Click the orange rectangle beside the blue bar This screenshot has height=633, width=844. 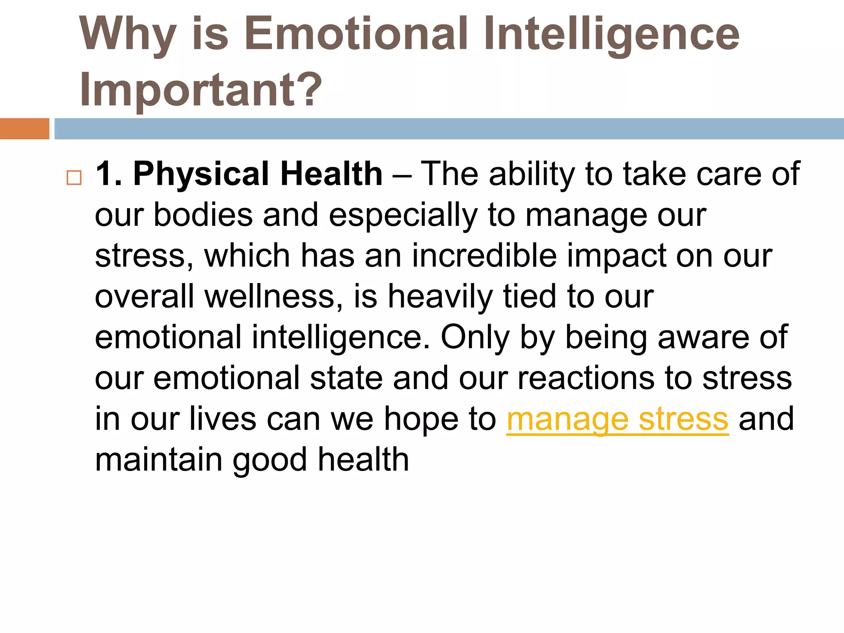point(24,129)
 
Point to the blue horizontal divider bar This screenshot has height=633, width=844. point(449,129)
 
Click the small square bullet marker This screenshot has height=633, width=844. point(74,178)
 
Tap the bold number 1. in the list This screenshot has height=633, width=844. point(108,174)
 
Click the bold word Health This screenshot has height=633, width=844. point(331,174)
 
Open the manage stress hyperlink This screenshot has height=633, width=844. point(617,419)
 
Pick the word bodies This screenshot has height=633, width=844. point(203,215)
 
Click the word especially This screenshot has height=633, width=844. point(403,215)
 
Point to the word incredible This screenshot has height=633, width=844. point(484,256)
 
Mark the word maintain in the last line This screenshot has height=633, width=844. point(159,460)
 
